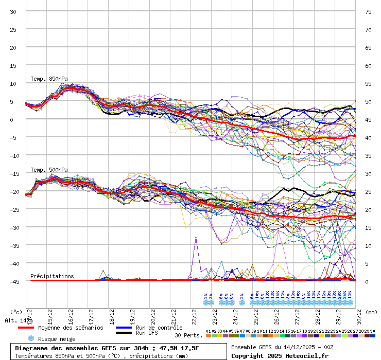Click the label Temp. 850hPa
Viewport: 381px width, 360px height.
point(49,79)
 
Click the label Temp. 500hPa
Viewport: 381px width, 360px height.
point(49,170)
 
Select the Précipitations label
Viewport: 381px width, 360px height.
point(52,276)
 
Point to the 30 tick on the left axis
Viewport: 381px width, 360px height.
point(13,12)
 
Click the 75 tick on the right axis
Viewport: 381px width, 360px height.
point(368,12)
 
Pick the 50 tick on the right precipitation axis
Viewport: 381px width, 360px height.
point(368,102)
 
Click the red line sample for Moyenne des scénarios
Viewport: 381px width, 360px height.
point(33,328)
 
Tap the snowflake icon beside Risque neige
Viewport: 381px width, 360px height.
point(30,338)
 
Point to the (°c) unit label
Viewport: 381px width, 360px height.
point(15,312)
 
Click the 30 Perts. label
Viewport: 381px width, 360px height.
point(188,335)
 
